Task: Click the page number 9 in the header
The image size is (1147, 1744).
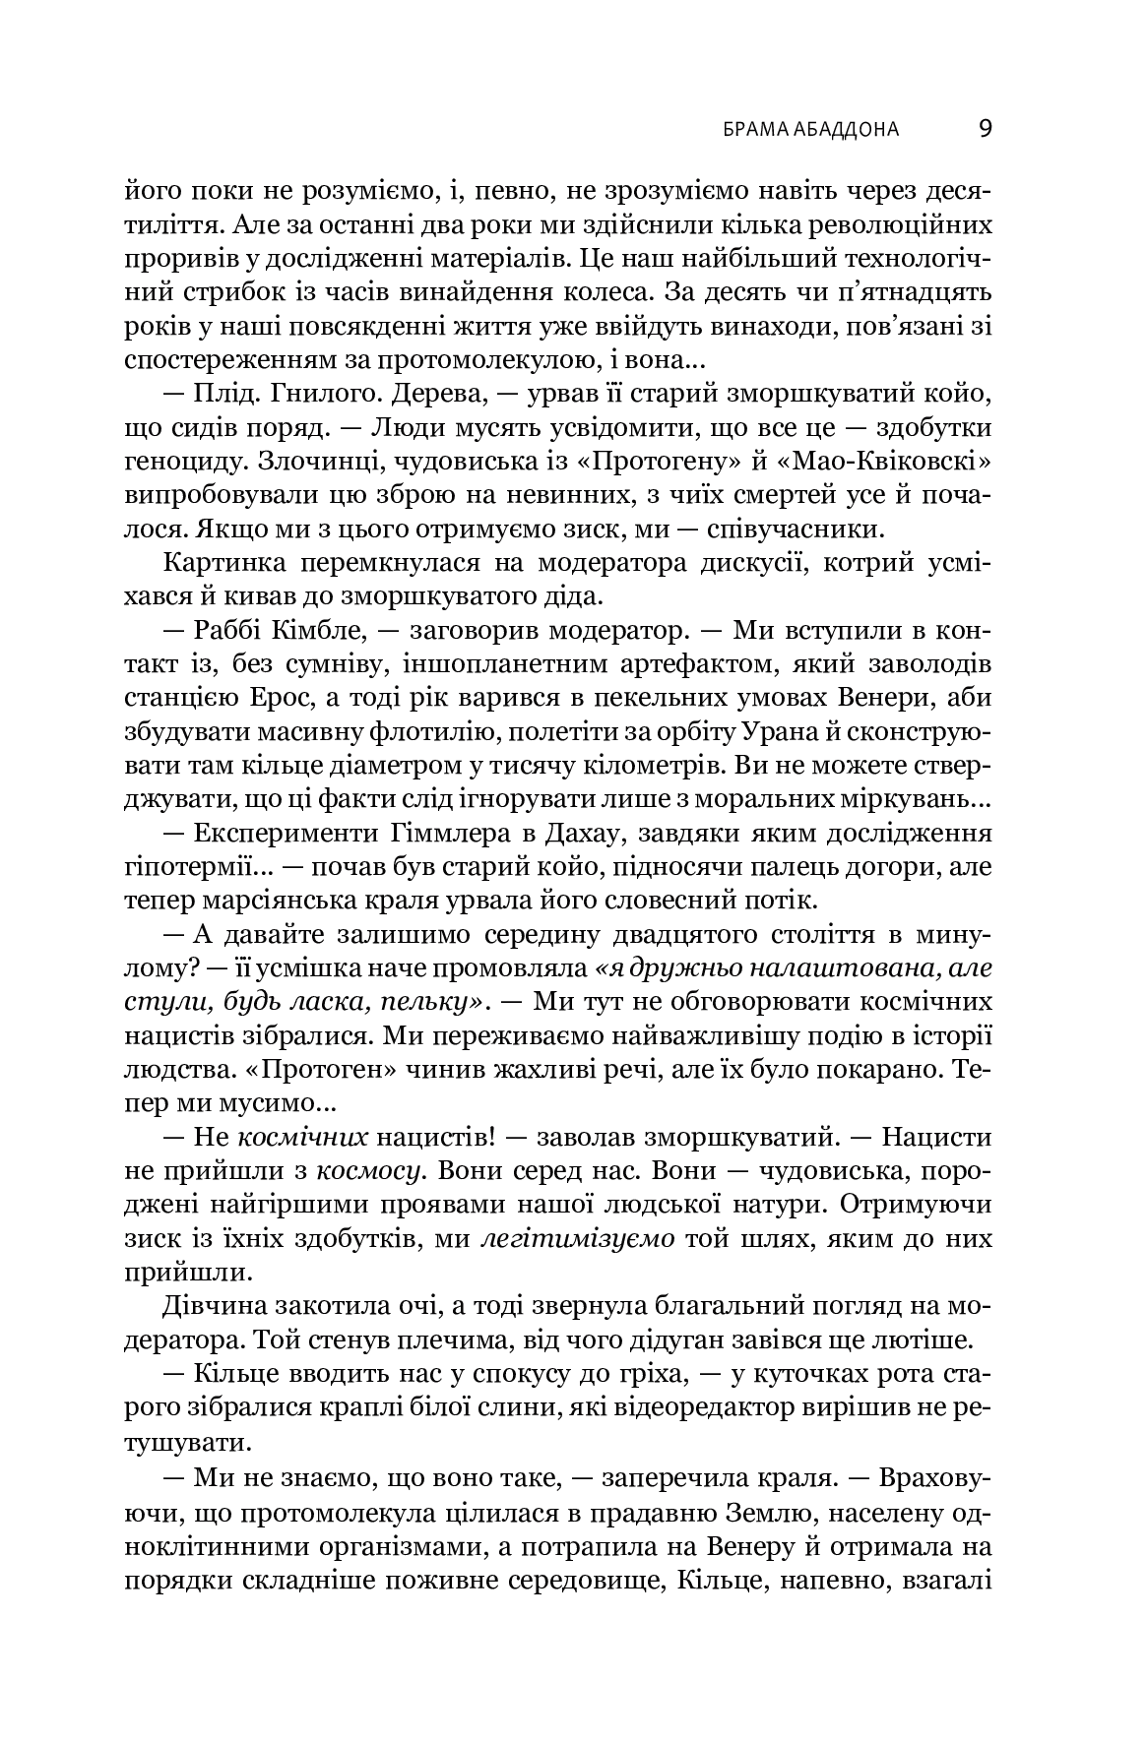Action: pos(985,128)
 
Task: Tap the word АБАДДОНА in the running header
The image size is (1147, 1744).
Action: pos(851,129)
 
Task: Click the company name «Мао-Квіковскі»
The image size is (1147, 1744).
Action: pos(899,463)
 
